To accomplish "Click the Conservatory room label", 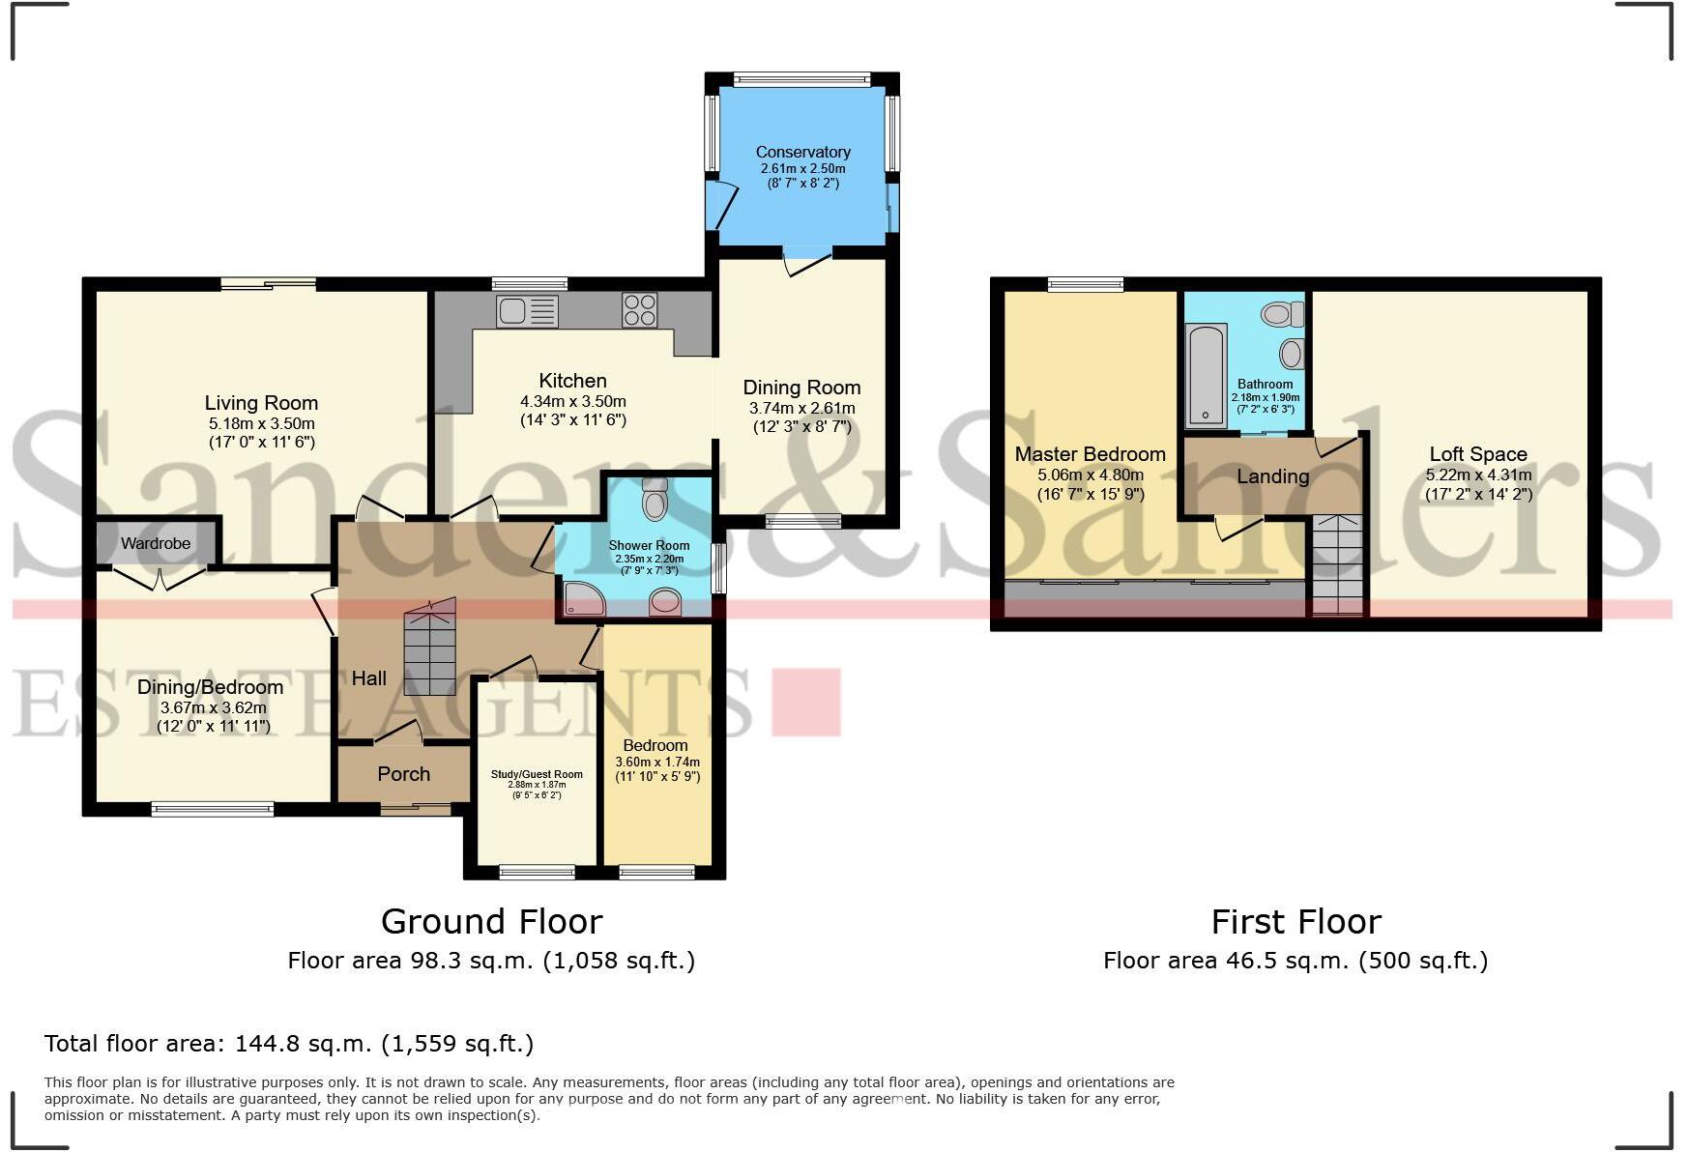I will [x=802, y=152].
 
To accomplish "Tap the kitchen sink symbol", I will [x=527, y=311].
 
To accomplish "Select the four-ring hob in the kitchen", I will [x=639, y=311].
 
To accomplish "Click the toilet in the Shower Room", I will [x=655, y=500].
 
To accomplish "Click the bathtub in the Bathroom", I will [x=1206, y=375].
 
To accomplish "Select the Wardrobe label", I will [x=156, y=544].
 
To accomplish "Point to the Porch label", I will [x=403, y=774].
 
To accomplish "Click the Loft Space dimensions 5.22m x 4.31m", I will [x=1477, y=475].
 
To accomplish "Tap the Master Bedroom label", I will [x=1090, y=454].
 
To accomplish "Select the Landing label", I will [x=1272, y=476].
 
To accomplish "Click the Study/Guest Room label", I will [x=537, y=774].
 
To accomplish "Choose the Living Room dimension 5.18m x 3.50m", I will [x=261, y=423].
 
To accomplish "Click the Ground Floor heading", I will [x=491, y=922].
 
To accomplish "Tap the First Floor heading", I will [x=1295, y=922].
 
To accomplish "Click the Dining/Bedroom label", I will [x=210, y=687].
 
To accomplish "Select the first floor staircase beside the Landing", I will [x=1336, y=565].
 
